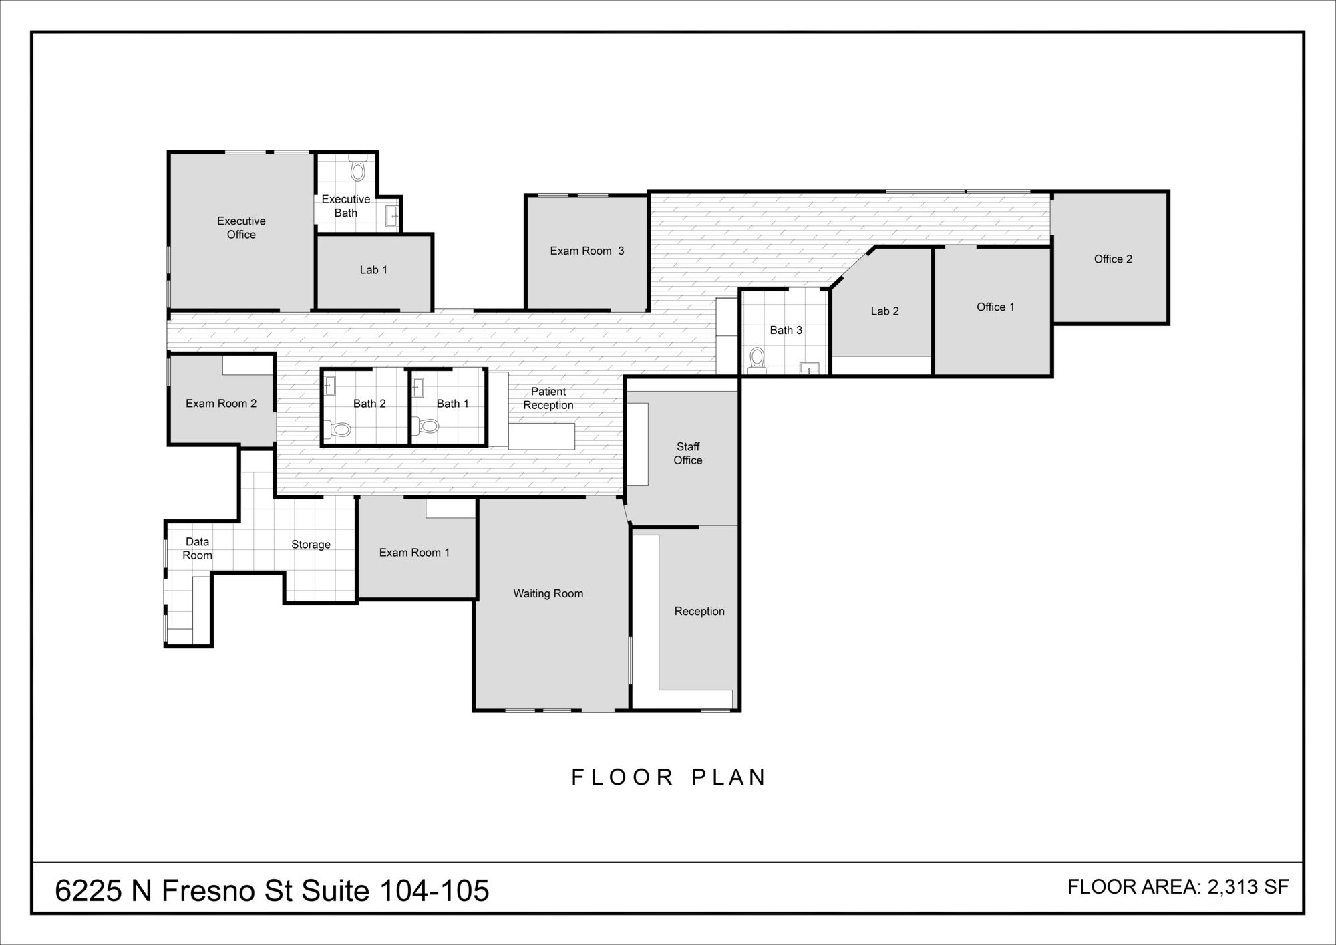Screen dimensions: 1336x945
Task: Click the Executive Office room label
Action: coord(241,227)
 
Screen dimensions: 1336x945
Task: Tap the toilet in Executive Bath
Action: coord(358,168)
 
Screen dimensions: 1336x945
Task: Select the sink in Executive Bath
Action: coord(392,216)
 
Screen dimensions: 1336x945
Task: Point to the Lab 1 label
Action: coord(373,270)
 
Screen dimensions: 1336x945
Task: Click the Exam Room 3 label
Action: coord(587,251)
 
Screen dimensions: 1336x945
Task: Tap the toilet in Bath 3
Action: coord(757,360)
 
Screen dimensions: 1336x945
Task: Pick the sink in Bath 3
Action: coord(810,368)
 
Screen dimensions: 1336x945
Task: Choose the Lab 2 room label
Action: coord(884,311)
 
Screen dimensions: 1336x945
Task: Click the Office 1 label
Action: coord(995,307)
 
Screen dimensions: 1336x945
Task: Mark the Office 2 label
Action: coord(1113,259)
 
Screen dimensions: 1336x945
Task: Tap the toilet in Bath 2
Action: coord(339,428)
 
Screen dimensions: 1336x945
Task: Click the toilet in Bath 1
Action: coord(426,425)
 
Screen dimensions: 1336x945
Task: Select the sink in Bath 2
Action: coord(330,386)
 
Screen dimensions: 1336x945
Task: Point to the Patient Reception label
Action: coord(548,398)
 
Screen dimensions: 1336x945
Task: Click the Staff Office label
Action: coord(688,453)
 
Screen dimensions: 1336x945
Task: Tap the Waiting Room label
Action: coord(548,593)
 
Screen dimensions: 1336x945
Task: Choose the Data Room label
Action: coord(197,548)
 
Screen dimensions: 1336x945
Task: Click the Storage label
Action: coord(311,545)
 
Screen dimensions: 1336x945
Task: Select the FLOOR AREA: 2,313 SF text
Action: coord(1178,887)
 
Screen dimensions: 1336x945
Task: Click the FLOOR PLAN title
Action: coord(669,777)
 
